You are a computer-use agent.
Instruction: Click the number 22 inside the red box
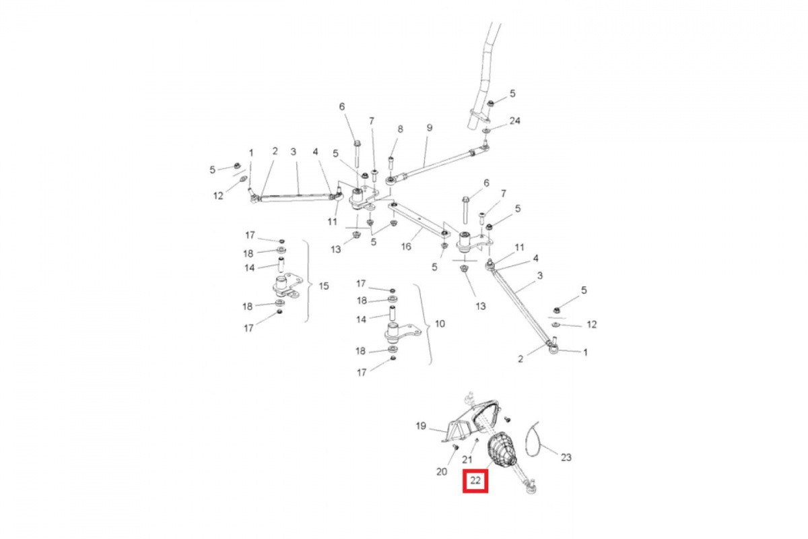[x=475, y=480]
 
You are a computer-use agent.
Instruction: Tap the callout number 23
[x=566, y=457]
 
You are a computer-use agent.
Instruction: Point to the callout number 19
[x=421, y=426]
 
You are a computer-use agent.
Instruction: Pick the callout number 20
[x=442, y=472]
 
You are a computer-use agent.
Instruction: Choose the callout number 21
[x=467, y=459]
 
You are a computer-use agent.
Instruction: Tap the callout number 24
[x=514, y=120]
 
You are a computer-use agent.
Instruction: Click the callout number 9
[x=430, y=128]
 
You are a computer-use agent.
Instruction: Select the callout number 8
[x=400, y=129]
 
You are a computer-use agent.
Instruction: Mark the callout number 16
[x=406, y=247]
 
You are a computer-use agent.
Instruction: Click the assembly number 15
[x=324, y=286]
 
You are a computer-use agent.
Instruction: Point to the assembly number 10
[x=440, y=323]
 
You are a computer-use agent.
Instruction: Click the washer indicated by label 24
[x=486, y=130]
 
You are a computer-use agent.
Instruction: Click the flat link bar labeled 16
[x=419, y=220]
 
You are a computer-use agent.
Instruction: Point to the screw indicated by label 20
[x=455, y=447]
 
